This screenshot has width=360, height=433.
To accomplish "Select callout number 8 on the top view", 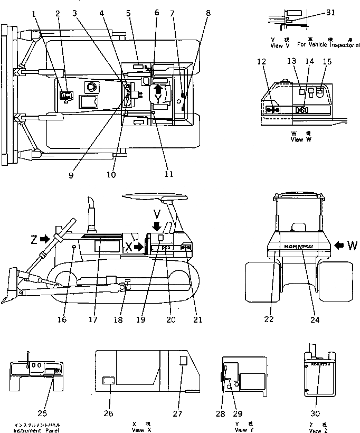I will (209, 13).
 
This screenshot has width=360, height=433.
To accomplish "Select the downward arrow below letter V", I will (156, 226).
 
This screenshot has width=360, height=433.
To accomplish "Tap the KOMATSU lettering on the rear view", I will (299, 247).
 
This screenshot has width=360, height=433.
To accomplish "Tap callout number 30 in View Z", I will (316, 413).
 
